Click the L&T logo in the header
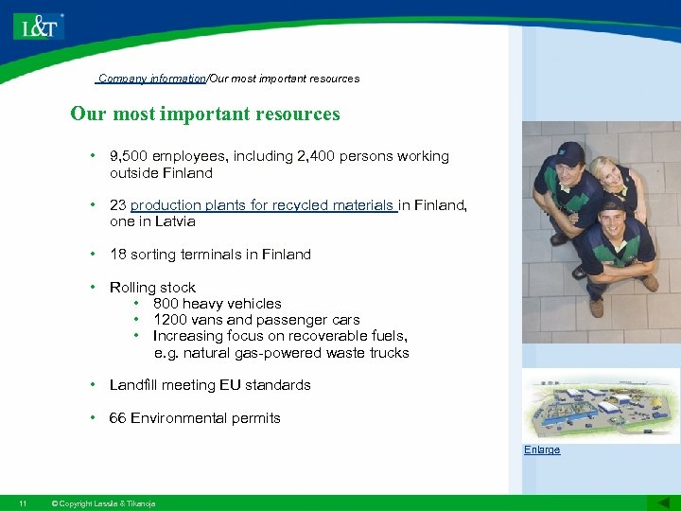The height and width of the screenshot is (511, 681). click(x=39, y=26)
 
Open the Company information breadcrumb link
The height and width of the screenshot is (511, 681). click(x=151, y=79)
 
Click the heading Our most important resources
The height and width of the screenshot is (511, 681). click(x=204, y=115)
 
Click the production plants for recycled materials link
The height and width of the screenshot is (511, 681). click(x=263, y=205)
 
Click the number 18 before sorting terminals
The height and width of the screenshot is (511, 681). click(x=118, y=255)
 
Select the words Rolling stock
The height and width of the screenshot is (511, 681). click(x=152, y=288)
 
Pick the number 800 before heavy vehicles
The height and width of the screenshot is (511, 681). click(x=166, y=304)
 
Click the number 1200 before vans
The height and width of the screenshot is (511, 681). click(x=169, y=320)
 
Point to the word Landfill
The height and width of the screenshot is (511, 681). click(x=136, y=385)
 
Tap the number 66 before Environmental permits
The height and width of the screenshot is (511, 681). click(x=118, y=418)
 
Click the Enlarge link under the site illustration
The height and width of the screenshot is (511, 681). click(x=542, y=450)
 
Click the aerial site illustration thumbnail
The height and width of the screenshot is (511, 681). click(x=600, y=405)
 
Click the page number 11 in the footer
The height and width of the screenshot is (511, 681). click(x=23, y=502)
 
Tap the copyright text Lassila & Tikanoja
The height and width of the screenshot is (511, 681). click(x=103, y=502)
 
